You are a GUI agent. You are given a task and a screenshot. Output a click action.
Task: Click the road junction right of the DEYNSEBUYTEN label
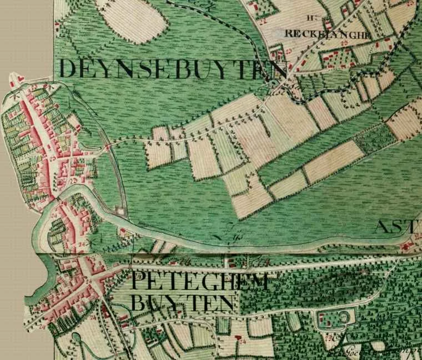[275, 89]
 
